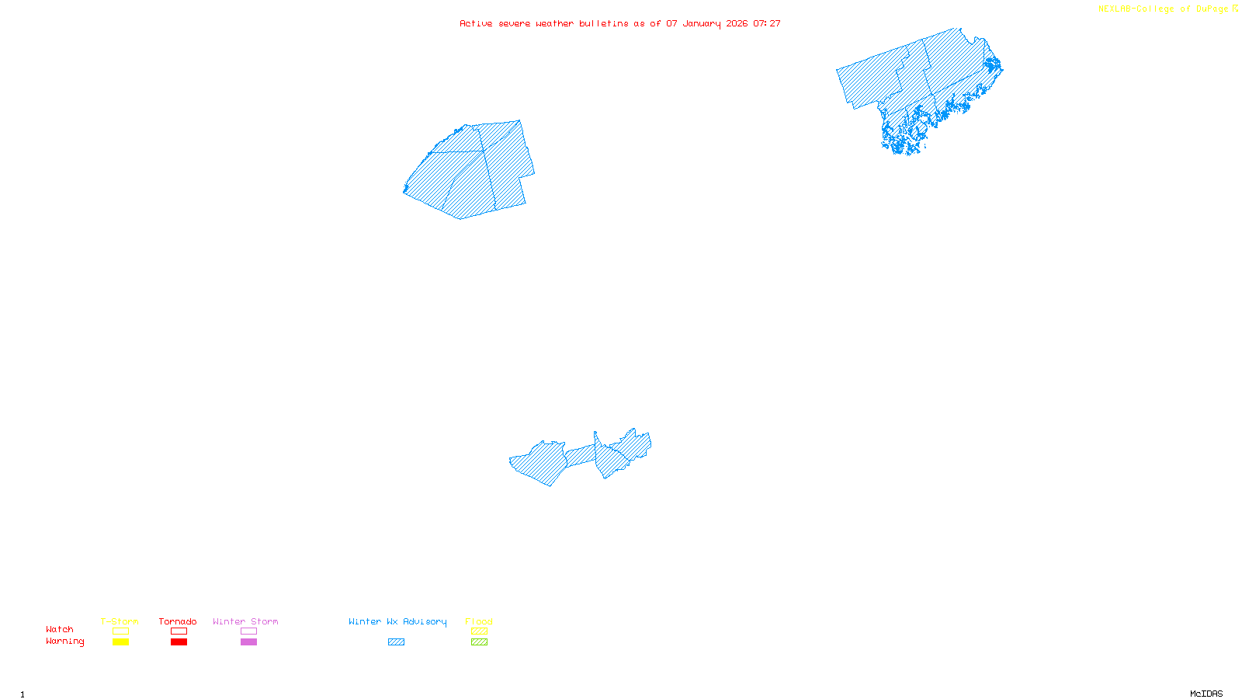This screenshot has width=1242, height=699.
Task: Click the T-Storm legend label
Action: (120, 621)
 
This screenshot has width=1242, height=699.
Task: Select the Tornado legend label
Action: (178, 621)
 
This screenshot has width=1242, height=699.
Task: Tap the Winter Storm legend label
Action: (245, 621)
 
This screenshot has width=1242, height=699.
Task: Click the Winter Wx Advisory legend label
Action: (397, 621)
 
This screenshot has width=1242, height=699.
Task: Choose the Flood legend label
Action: (479, 621)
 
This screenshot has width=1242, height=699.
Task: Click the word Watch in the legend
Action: (60, 629)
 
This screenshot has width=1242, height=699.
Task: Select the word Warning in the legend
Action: (64, 642)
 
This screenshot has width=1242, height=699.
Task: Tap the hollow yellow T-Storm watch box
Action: (120, 631)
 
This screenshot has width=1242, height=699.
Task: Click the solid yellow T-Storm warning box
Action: (120, 642)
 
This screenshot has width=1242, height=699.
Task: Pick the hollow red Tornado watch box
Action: (179, 631)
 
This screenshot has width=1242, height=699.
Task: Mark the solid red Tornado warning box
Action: (179, 642)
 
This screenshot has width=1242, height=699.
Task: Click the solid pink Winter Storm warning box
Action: (248, 642)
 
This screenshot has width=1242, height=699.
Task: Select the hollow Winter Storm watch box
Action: (248, 631)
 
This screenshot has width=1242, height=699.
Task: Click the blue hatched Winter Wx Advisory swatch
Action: (396, 642)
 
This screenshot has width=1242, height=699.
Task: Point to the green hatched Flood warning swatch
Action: (479, 642)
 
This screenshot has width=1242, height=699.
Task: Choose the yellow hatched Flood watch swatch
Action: (479, 631)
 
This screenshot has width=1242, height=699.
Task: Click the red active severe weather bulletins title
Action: (620, 23)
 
